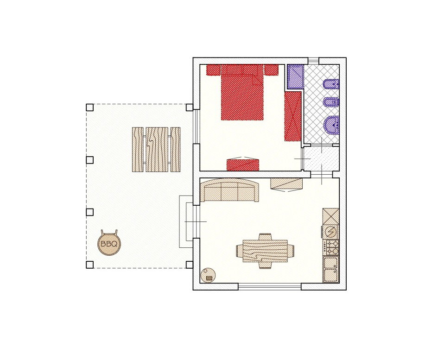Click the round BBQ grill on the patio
point(109,244)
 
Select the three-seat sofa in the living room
point(229,192)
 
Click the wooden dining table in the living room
point(266,251)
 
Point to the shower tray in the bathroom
point(295,76)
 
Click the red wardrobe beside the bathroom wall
point(293,116)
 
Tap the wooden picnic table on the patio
point(156,149)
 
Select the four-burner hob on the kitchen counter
point(332,247)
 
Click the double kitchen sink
point(331,270)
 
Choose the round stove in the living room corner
point(208,275)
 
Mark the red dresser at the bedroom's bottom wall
point(242,164)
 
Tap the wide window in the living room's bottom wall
point(270,286)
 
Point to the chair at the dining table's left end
point(240,251)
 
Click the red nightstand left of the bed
point(214,70)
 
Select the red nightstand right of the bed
point(271,70)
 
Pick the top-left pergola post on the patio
point(90,107)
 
